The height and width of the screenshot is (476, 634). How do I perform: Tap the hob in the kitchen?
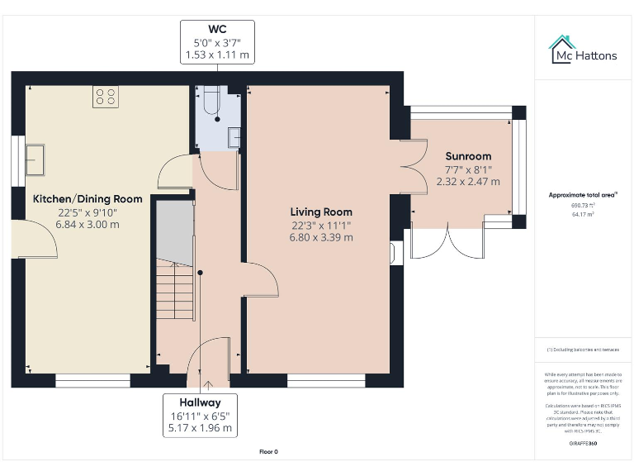(105, 97)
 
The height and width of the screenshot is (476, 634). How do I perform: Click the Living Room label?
(320, 212)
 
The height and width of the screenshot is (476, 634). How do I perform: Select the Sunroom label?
(468, 156)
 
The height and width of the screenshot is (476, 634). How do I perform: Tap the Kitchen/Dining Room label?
(88, 199)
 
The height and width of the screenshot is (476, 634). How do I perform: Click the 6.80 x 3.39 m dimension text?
(320, 237)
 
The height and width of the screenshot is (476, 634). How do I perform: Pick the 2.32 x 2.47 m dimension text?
(468, 182)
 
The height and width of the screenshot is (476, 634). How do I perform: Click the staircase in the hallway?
(176, 288)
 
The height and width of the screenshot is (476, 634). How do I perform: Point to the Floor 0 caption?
(269, 452)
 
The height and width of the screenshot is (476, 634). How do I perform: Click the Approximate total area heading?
(582, 195)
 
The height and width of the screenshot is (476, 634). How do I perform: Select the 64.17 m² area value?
(582, 214)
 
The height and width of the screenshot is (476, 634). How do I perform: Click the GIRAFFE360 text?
(582, 444)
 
